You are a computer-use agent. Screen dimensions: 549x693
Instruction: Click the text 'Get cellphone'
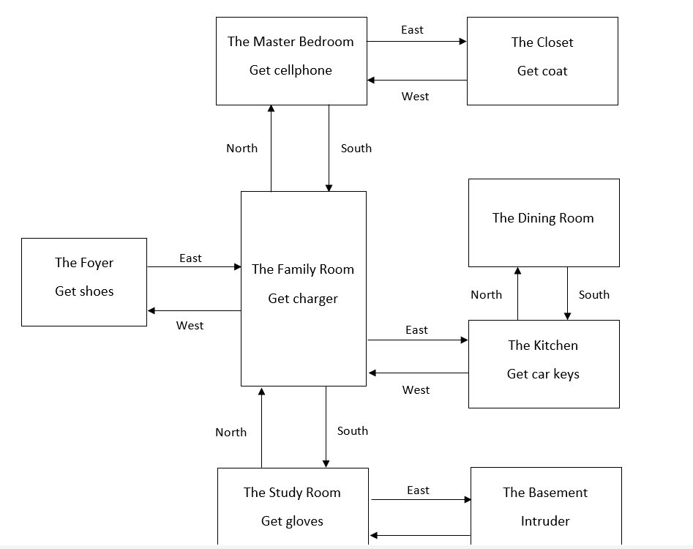[291, 70]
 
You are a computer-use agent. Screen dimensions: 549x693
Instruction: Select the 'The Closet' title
[542, 42]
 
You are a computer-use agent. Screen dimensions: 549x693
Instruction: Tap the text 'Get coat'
[542, 71]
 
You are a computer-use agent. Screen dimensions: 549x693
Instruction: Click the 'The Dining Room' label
[543, 218]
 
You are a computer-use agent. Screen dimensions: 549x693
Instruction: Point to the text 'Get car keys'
[543, 374]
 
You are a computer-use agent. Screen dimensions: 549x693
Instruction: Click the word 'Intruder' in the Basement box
[545, 521]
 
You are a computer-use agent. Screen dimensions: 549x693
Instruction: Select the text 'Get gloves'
[292, 521]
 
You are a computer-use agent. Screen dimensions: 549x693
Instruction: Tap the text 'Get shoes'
[84, 291]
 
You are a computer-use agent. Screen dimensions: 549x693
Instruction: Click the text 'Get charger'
[303, 299]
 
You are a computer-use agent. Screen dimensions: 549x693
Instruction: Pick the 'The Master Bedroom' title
[291, 42]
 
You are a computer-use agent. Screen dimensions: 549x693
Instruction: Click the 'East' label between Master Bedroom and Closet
[412, 30]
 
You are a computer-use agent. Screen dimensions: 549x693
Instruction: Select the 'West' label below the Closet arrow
[415, 97]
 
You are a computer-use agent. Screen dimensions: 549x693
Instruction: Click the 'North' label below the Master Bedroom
[242, 149]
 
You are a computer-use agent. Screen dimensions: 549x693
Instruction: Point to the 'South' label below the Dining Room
[593, 295]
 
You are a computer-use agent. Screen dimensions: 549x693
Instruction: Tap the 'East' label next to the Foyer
[190, 258]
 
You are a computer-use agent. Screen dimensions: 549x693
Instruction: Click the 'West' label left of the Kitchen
[416, 390]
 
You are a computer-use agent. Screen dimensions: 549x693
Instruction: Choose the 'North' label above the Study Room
[231, 433]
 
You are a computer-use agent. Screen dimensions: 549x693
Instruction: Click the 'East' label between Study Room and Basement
[418, 490]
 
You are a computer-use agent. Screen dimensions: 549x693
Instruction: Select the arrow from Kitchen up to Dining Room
[518, 293]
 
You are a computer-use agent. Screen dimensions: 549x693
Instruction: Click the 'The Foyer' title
[84, 263]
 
